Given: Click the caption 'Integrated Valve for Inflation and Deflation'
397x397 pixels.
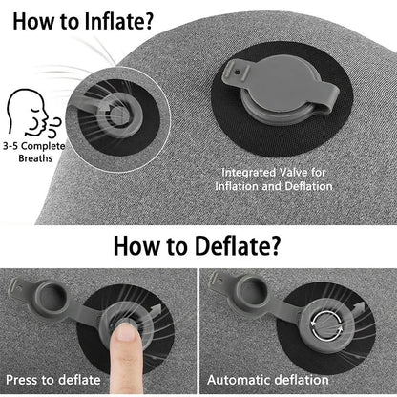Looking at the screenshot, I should click(277, 178).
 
